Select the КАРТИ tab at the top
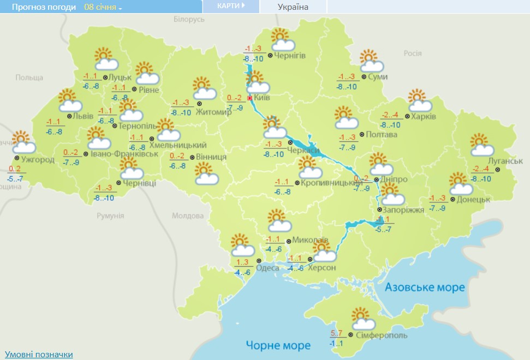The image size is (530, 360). tap(230, 6)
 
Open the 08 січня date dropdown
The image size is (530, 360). tap(103, 7)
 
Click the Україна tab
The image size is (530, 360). tap(293, 7)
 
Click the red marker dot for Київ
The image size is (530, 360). tap(250, 98)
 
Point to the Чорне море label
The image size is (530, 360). tap(278, 345)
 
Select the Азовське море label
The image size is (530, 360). tap(425, 287)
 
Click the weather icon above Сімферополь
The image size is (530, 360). tap(361, 318)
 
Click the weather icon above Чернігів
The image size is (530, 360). tap(283, 39)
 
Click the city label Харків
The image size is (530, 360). tap(424, 117)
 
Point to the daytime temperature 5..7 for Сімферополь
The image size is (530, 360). tap(337, 333)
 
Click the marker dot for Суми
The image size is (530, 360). tap(364, 77)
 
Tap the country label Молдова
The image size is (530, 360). tap(188, 216)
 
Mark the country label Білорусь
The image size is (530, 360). tap(189, 19)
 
